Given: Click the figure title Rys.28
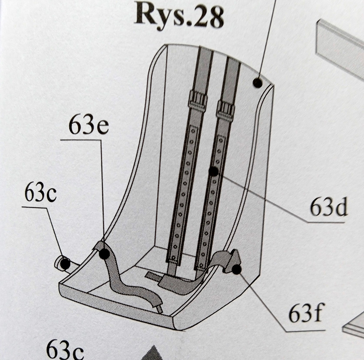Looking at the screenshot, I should [x=179, y=16].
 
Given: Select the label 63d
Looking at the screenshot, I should [x=328, y=208].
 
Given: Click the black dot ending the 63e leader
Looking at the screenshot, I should [x=104, y=253].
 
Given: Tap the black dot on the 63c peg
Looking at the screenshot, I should [x=65, y=263].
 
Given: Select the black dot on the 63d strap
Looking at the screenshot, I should [x=214, y=172].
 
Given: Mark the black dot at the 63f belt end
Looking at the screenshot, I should [x=237, y=269].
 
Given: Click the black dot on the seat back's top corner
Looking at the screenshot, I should [x=257, y=82].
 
